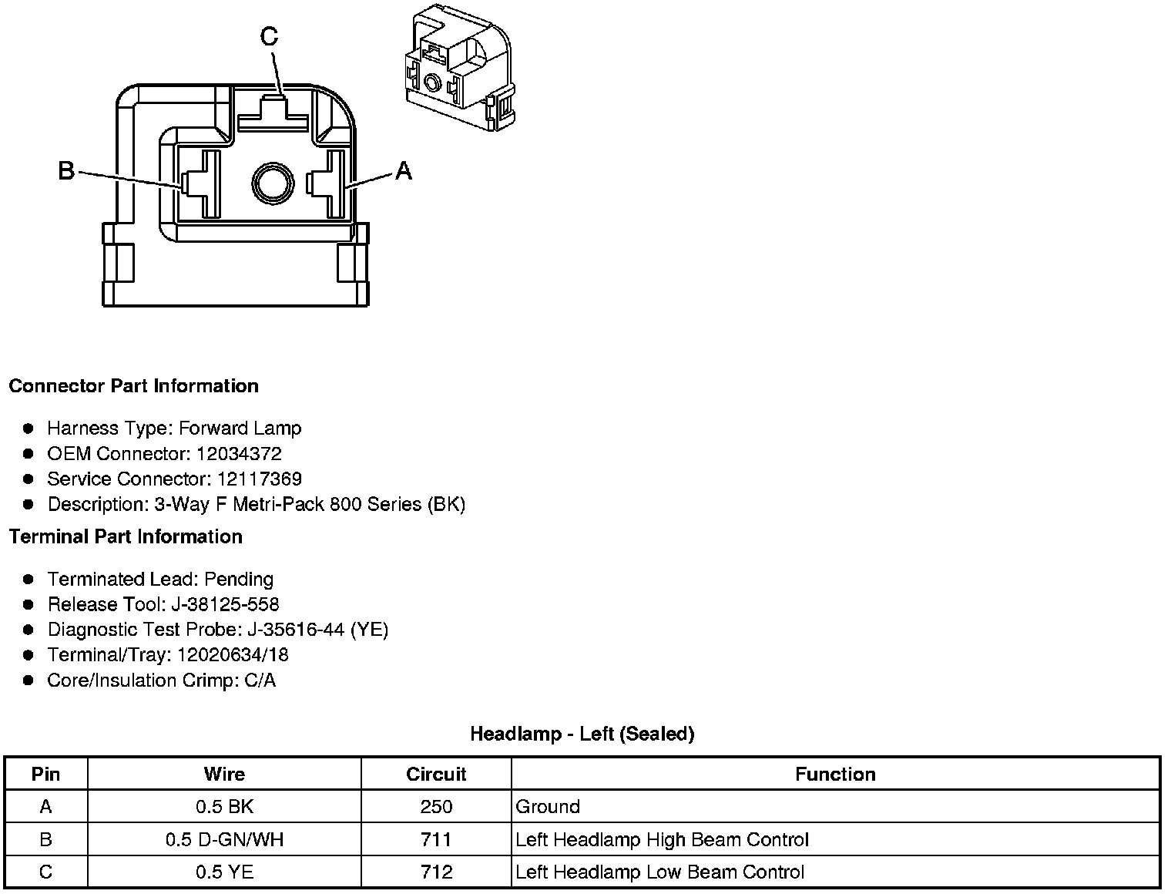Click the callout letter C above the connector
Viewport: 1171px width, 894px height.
tap(269, 36)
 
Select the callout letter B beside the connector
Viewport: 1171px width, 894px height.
tap(67, 170)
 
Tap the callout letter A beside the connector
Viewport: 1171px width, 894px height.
tap(404, 170)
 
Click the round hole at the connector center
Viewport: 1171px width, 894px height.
tap(273, 183)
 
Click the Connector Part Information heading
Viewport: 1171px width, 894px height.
tap(133, 386)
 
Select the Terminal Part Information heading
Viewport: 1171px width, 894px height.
tap(126, 536)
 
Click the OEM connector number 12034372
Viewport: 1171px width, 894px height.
tap(239, 454)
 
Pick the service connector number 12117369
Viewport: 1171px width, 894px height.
tap(260, 479)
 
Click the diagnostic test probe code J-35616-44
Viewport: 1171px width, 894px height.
tap(296, 630)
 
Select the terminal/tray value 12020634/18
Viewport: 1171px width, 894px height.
tap(233, 655)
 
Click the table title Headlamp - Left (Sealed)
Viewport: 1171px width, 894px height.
tap(582, 734)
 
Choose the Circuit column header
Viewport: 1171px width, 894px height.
tap(436, 774)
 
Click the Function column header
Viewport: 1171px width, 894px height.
tap(835, 774)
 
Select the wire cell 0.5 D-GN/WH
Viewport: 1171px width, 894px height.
tap(224, 839)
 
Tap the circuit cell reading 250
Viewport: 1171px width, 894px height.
tap(436, 807)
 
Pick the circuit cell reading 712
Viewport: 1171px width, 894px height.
tap(436, 872)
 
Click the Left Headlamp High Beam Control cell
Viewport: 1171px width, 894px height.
tap(662, 839)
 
